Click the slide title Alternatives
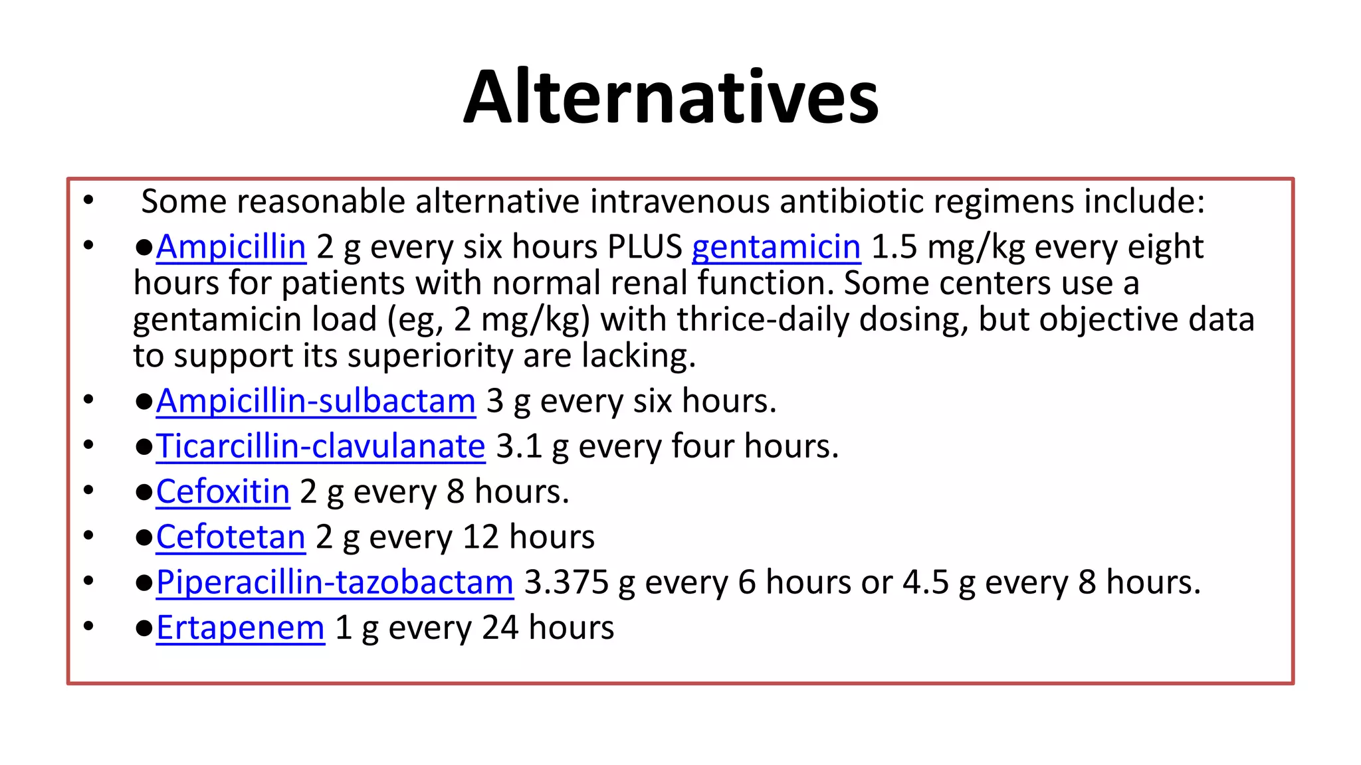click(x=671, y=98)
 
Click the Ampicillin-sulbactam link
click(x=316, y=402)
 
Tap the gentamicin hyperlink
click(x=776, y=248)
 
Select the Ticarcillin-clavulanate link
click(x=321, y=447)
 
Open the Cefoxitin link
click(x=223, y=493)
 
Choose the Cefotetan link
click(x=231, y=537)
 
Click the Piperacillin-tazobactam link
click(x=335, y=583)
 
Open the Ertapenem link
click(x=241, y=628)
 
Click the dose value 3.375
click(x=566, y=583)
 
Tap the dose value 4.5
click(x=925, y=583)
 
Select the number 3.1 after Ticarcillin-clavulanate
click(x=519, y=447)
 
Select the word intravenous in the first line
click(x=679, y=202)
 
